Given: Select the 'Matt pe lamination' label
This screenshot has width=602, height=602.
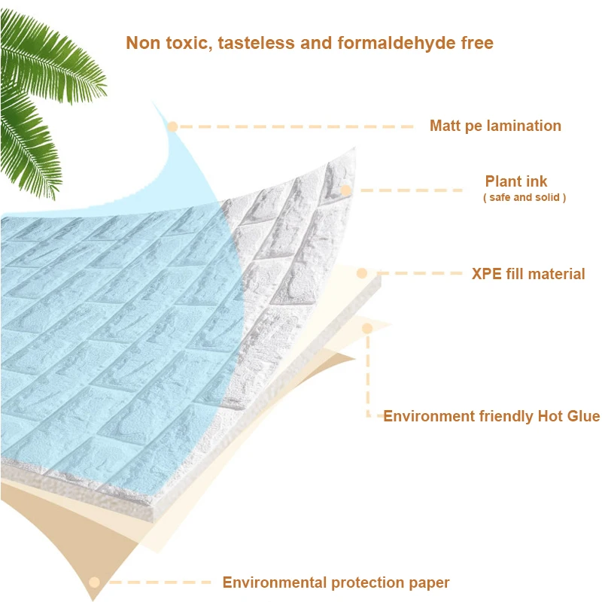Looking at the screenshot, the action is [x=495, y=126].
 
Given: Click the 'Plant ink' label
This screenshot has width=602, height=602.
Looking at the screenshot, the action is [x=516, y=181].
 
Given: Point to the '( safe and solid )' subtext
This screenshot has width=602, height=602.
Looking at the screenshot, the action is [x=524, y=197].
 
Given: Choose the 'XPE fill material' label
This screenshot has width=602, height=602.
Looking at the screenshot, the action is [x=528, y=274].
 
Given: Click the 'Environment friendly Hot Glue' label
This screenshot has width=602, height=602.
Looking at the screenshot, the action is [x=491, y=416].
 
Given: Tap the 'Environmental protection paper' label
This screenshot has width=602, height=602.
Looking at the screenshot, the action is [x=336, y=582].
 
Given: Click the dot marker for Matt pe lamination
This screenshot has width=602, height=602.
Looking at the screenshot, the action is [x=172, y=126].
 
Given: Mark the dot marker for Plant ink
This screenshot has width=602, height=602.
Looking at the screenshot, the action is [x=346, y=190].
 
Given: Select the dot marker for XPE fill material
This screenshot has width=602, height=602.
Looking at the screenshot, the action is [x=362, y=273].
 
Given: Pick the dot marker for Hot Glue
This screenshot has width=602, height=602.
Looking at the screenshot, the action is [x=368, y=328].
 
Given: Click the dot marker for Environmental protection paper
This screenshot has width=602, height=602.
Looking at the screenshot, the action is [x=94, y=582].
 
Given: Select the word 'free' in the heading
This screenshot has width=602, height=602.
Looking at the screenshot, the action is [x=476, y=43].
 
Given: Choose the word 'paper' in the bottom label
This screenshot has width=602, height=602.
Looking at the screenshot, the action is [x=428, y=582].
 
